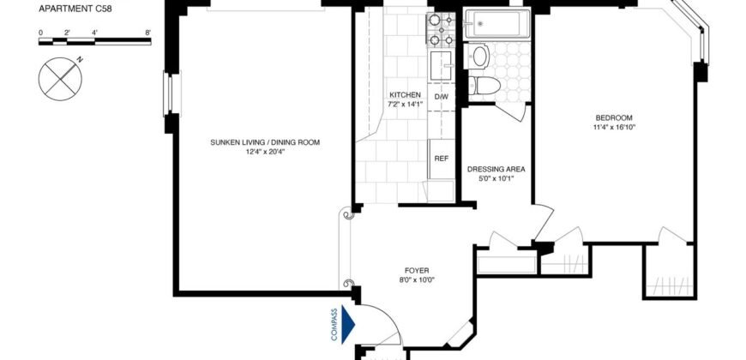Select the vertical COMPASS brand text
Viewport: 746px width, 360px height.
click(334, 324)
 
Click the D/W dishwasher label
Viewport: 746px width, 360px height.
click(442, 97)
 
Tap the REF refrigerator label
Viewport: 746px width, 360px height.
click(442, 159)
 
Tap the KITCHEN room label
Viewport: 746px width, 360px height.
click(404, 94)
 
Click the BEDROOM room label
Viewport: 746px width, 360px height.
click(614, 117)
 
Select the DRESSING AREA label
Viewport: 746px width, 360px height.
click(496, 170)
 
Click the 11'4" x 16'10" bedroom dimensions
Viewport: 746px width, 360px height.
click(614, 127)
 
